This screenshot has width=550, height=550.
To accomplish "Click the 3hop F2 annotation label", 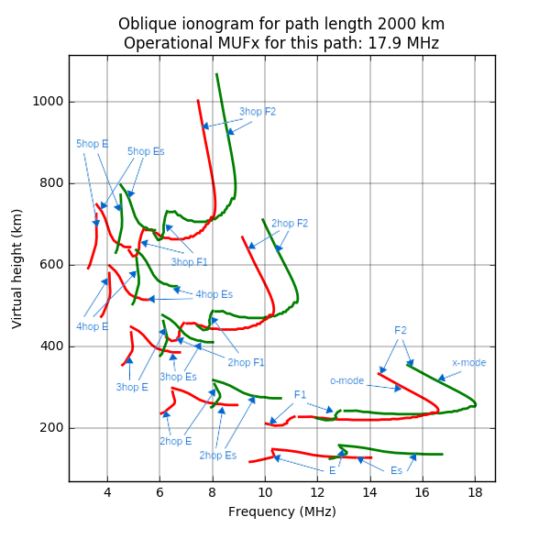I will coord(258,112).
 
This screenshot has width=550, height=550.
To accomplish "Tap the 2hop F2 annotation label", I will coord(290,224).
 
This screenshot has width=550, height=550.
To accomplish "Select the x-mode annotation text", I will coord(469,363).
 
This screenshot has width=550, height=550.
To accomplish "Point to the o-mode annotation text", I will coord(347,380).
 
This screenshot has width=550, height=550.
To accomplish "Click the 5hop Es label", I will coord(146,151).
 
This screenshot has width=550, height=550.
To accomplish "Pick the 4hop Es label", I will coord(214,295).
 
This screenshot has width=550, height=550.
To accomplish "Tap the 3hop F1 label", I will coord(190,263).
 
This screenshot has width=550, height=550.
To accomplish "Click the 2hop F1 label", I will coord(246,363).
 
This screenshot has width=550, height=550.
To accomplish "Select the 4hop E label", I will coord(92,326).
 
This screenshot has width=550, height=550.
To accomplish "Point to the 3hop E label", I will coord(132,388).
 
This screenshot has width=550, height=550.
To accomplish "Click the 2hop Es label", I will coord(218,456).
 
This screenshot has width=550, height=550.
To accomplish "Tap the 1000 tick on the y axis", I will coord(49,102).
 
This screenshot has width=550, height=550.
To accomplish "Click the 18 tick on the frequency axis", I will coord(475,493).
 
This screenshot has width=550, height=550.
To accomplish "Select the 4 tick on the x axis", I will coord(107,493).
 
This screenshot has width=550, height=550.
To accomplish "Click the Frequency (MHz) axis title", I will coord(281,512).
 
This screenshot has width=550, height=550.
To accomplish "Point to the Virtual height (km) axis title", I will coord(17,268).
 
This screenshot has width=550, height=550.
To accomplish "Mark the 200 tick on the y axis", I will coord(53,428).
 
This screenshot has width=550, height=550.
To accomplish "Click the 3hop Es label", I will coord(178,377).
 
